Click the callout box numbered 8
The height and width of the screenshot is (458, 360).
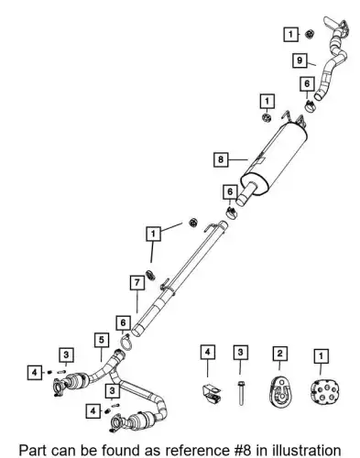[221, 159]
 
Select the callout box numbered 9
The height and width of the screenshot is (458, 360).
[300, 60]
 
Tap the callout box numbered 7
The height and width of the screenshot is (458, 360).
[137, 283]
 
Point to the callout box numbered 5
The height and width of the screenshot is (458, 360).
[102, 340]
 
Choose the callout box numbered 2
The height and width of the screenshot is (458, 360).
[280, 354]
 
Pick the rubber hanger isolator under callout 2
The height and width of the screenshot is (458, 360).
[280, 391]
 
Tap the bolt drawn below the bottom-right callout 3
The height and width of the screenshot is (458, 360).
[241, 393]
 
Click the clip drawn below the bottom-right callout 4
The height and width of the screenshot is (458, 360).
[211, 394]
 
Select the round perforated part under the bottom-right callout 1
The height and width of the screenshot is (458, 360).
[325, 392]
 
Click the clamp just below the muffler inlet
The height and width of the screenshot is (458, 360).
[232, 213]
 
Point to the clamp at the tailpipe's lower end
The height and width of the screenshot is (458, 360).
[311, 106]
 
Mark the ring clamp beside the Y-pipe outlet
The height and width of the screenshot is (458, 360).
[126, 343]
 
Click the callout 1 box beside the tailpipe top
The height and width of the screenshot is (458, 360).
[290, 34]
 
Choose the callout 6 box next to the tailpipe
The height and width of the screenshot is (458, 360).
[307, 83]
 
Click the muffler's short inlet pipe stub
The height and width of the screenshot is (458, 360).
[246, 194]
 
